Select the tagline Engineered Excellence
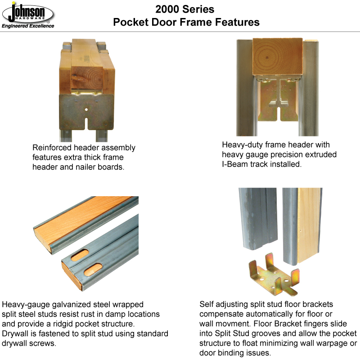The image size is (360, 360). point(28,26)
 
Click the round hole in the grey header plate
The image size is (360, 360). point(86,109)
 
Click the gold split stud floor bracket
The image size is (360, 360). point(274,274)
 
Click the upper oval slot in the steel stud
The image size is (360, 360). point(80,255)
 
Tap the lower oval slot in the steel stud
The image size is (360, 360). point(93,269)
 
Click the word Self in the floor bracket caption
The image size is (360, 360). point(207,304)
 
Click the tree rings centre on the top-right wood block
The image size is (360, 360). point(266,57)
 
